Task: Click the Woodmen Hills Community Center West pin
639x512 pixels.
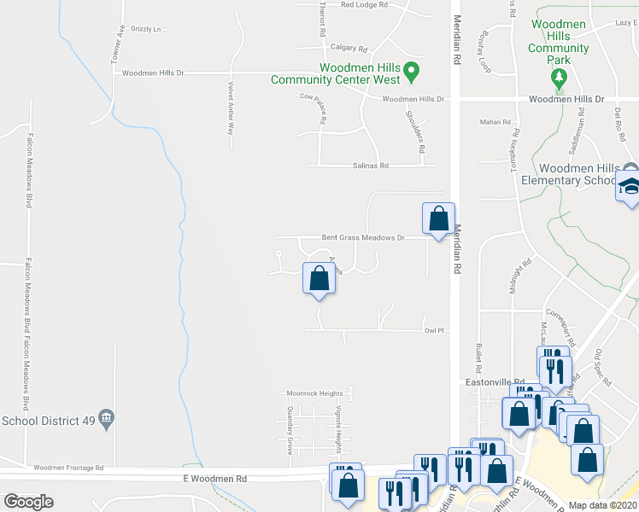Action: (411, 70)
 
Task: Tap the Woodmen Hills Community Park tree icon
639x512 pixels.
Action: (560, 78)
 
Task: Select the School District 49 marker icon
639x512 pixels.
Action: (107, 418)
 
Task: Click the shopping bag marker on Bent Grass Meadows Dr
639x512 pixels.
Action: (438, 218)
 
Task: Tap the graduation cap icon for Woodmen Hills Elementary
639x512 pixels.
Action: (630, 187)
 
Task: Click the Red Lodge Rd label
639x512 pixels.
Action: (364, 5)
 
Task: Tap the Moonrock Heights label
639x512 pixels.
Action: (312, 393)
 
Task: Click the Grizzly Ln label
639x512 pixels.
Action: (146, 29)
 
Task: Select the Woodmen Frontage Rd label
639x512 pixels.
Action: (68, 468)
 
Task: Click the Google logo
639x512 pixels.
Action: (28, 502)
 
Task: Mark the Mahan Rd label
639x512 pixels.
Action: (495, 122)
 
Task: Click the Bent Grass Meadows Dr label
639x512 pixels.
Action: (362, 238)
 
